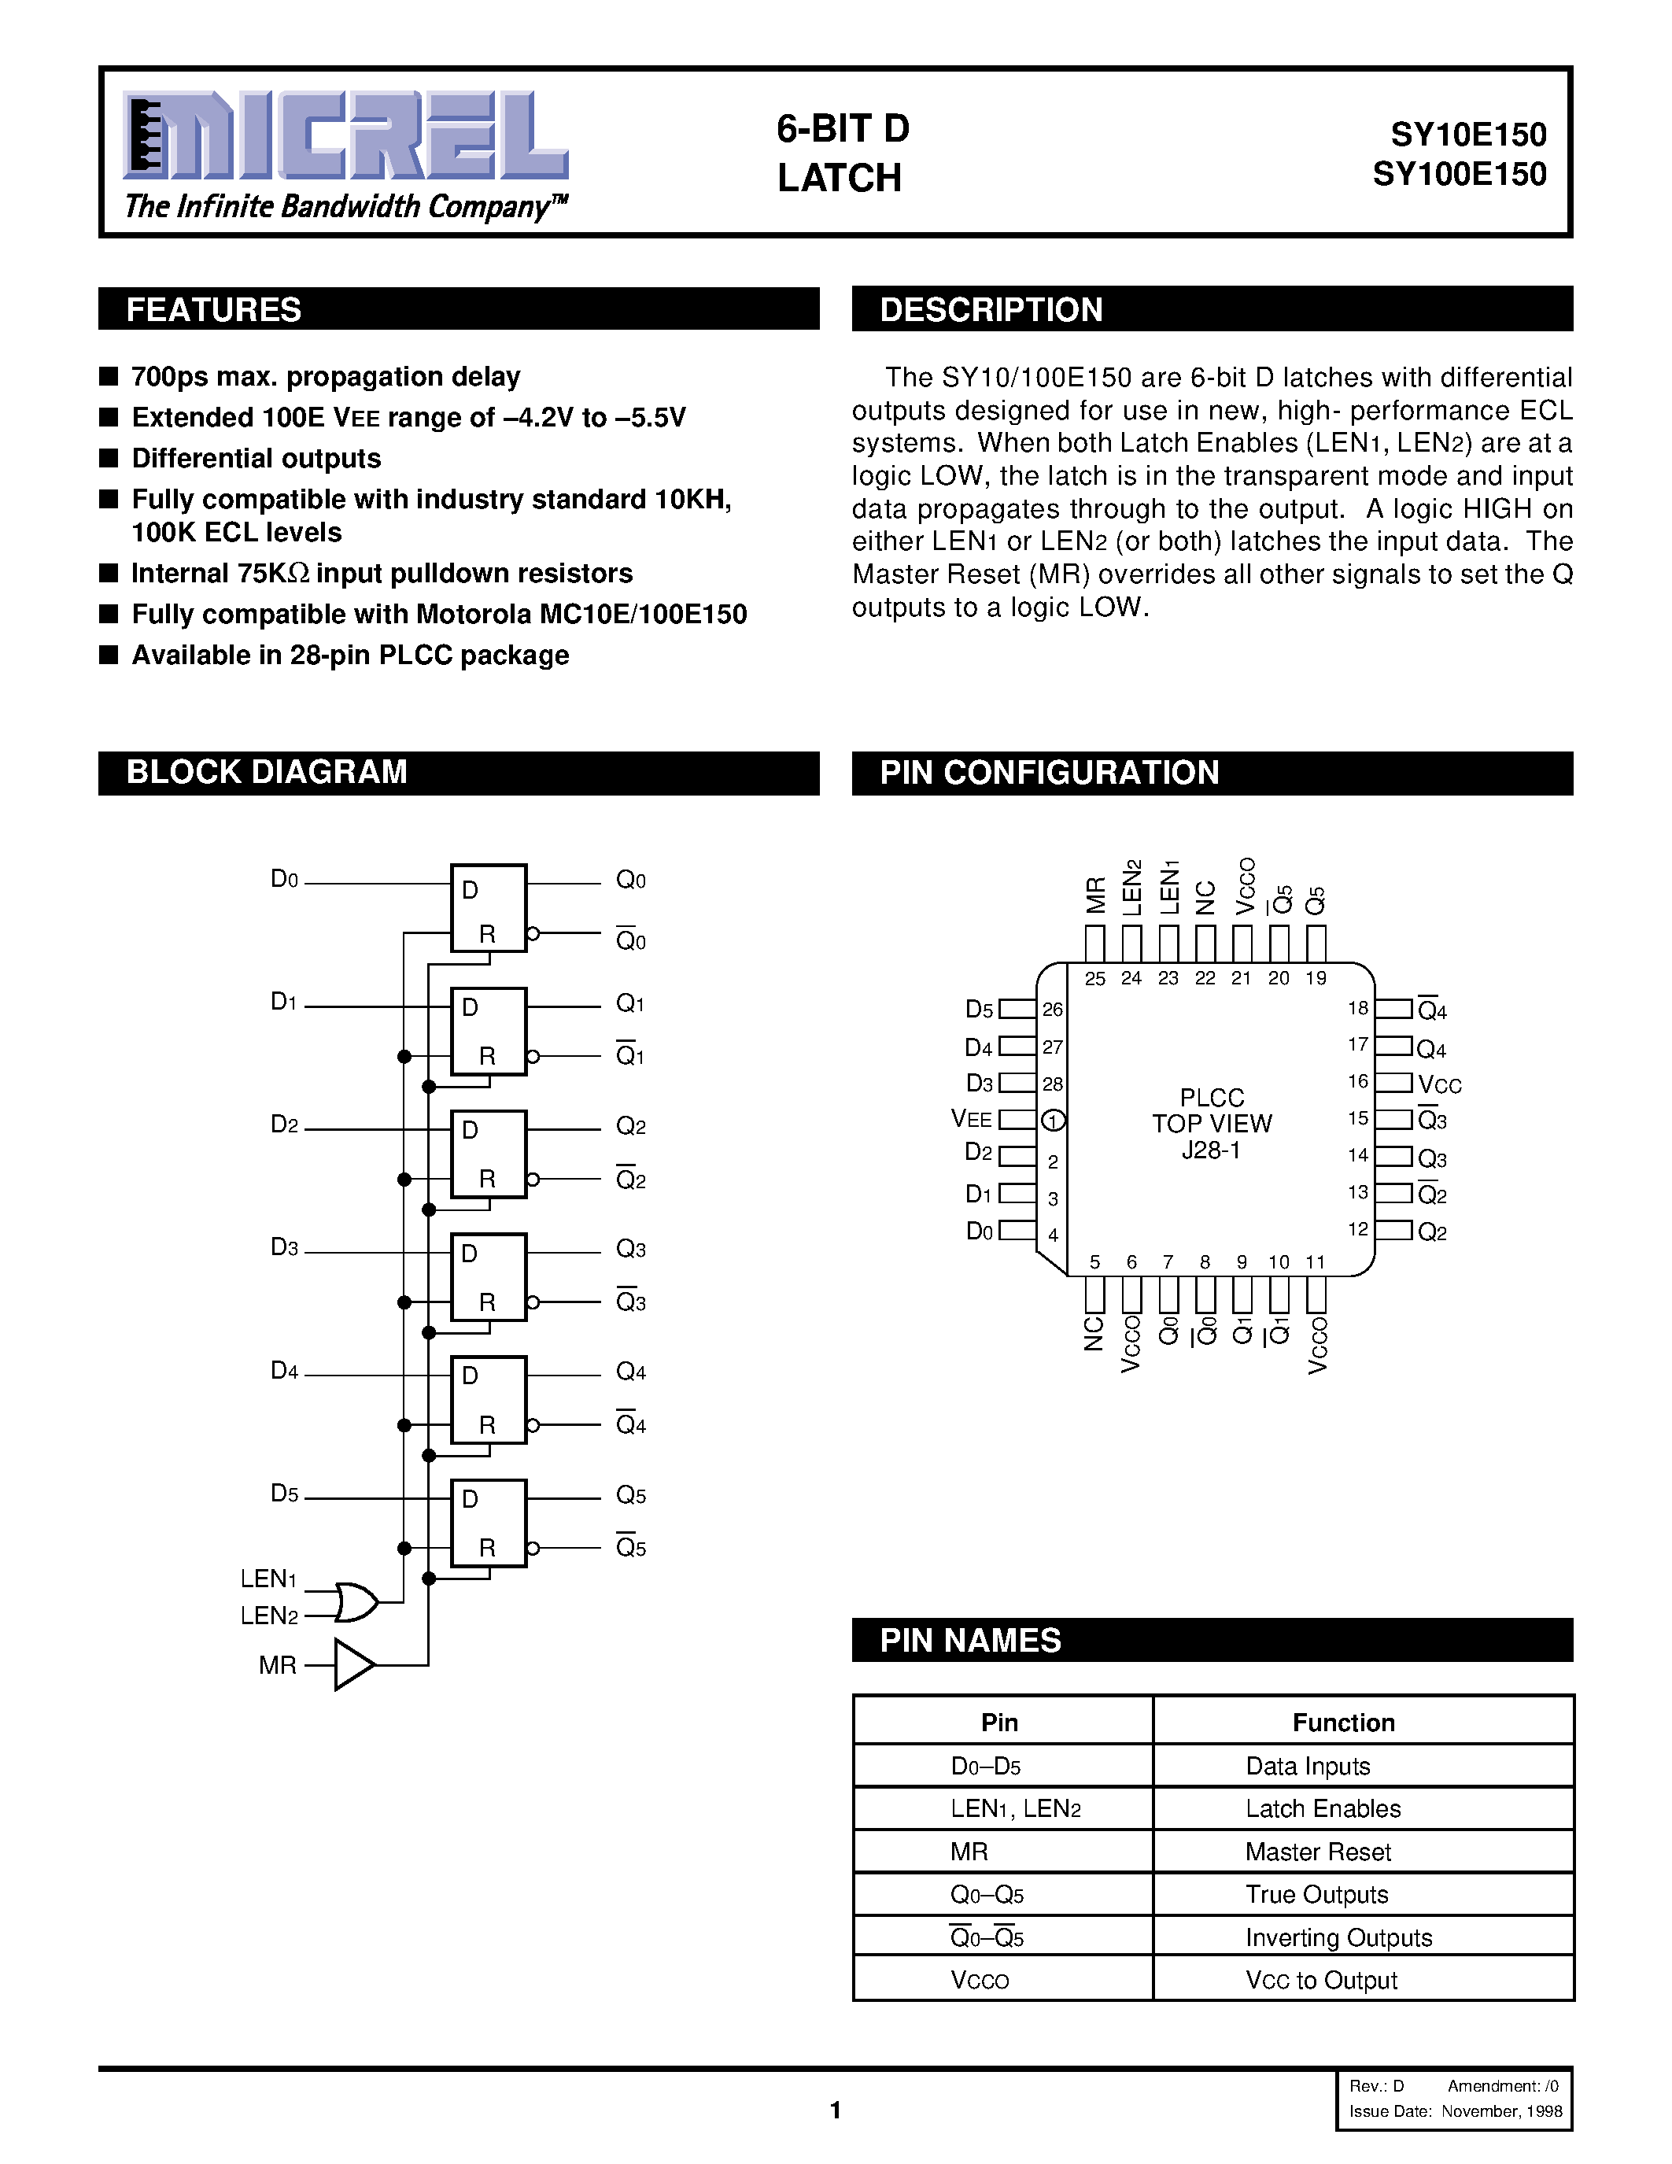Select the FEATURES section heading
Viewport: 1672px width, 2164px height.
214,310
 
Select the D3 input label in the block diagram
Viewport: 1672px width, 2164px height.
284,1247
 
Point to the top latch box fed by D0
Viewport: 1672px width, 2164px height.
489,907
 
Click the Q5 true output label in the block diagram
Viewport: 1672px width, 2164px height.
631,1495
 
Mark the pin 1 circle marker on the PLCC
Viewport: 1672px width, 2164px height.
1053,1121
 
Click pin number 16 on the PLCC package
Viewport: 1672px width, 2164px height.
1358,1081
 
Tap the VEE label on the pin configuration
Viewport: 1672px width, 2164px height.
971,1120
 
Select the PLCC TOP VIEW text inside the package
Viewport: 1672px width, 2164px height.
1212,1124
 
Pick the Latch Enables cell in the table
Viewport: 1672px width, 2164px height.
1323,1809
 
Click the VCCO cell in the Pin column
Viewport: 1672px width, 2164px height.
980,1981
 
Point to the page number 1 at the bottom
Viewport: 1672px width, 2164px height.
835,2110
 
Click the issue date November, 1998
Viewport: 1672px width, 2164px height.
1501,2111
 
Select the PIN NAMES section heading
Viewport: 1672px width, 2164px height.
971,1641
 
